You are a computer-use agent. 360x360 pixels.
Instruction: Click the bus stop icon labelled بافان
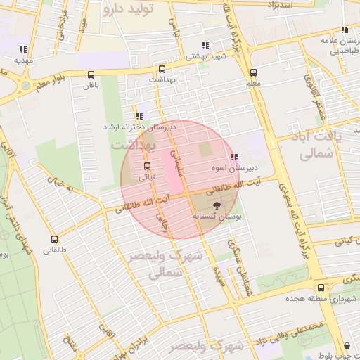point(90,75)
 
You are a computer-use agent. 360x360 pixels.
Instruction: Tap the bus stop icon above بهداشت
point(162,69)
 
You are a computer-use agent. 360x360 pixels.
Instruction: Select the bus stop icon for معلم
point(253,72)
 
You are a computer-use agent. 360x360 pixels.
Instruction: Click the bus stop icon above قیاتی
point(146,167)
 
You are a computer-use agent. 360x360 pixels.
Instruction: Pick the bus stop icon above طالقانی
point(56,238)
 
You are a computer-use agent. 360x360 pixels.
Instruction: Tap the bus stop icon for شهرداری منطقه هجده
point(321,288)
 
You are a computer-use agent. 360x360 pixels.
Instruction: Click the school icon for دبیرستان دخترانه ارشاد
point(139,117)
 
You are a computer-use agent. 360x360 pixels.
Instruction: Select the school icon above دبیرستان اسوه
point(234,157)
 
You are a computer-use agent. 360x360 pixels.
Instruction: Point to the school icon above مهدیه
point(23,50)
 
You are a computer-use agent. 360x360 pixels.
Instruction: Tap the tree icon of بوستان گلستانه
point(216,206)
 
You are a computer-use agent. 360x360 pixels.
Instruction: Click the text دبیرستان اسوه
point(236,169)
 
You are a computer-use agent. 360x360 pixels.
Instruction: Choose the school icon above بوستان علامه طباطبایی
point(344,30)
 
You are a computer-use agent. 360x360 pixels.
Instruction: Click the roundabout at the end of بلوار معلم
point(26,86)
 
